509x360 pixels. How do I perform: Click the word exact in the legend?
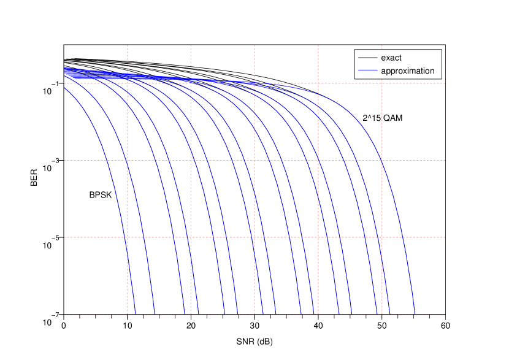[x=391, y=58]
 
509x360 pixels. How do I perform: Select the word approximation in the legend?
[x=407, y=71]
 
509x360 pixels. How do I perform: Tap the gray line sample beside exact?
[x=367, y=58]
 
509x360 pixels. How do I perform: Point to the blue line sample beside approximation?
[x=367, y=71]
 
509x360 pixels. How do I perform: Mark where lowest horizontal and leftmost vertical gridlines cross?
[x=128, y=237]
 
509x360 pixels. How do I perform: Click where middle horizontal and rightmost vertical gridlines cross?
[x=382, y=160]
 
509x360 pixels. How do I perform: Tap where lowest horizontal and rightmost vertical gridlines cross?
[x=382, y=237]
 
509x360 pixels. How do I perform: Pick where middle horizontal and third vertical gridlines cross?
[x=255, y=160]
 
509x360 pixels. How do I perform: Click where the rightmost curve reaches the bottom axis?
[x=415, y=314]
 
